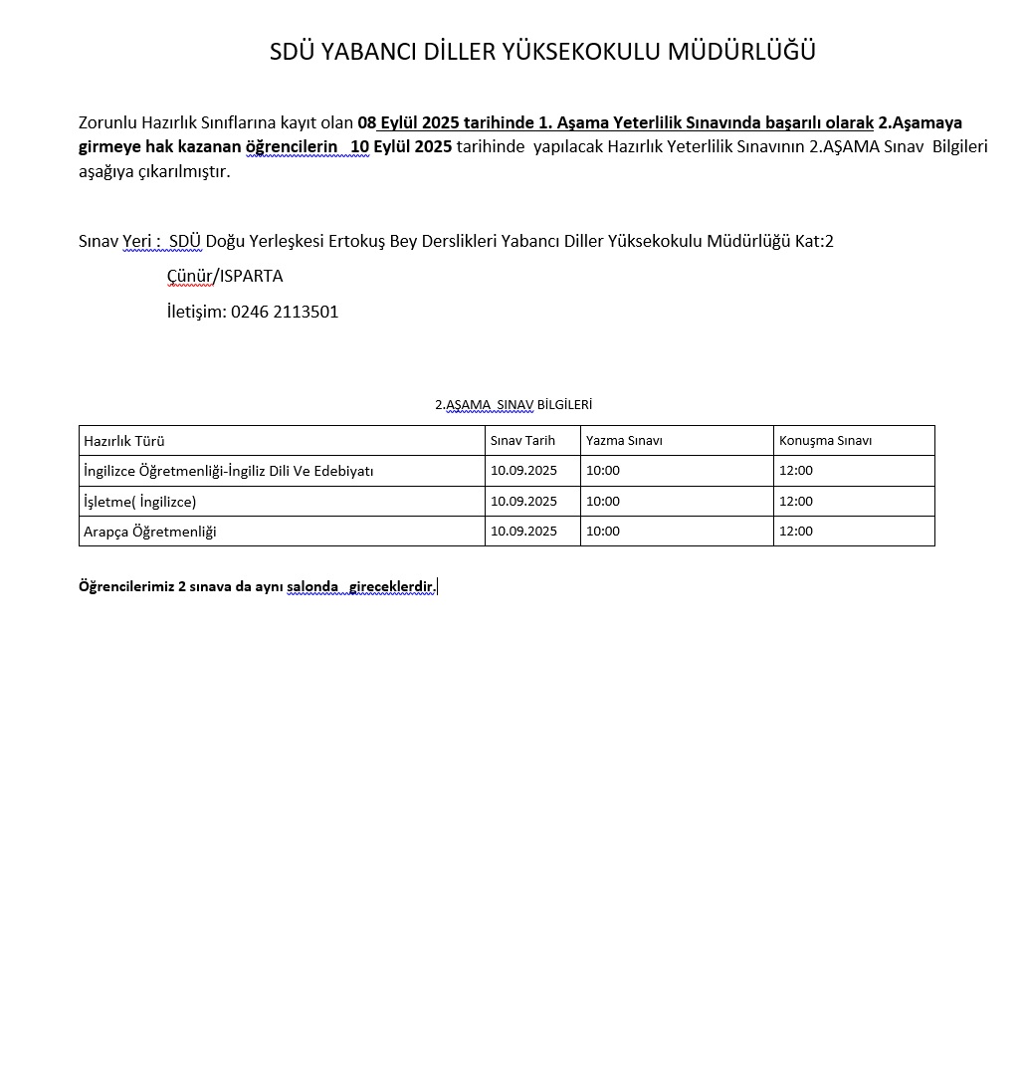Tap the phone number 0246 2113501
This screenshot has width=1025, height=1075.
285,312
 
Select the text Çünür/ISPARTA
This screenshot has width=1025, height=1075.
225,276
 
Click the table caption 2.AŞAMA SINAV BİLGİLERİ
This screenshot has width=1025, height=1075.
513,405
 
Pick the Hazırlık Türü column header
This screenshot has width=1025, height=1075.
124,441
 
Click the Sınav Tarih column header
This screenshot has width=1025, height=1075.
522,440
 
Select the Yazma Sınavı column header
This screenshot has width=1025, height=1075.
624,441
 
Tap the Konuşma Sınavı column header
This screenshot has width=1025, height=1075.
825,441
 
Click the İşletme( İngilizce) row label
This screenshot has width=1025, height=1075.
140,502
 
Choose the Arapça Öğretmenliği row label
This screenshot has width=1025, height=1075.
150,532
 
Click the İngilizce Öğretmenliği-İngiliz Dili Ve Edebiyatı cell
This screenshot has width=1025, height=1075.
229,471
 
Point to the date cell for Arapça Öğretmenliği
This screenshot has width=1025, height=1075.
523,531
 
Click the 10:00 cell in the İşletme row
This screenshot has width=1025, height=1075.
603,501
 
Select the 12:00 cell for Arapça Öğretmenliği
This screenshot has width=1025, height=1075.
796,531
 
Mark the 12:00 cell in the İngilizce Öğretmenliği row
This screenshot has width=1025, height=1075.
796,471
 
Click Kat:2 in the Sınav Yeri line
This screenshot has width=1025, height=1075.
814,241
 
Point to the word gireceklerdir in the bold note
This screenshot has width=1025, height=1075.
391,587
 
